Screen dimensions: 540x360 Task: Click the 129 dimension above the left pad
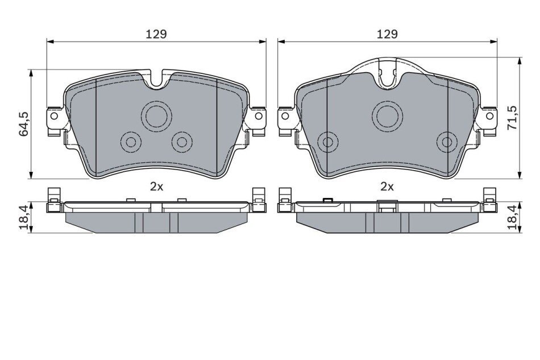tap(156, 35)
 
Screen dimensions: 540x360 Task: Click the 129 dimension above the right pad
tap(387, 35)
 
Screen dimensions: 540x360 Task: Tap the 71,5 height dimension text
tap(513, 118)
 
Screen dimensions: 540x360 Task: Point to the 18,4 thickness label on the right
tap(513, 217)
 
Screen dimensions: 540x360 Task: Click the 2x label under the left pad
tap(156, 187)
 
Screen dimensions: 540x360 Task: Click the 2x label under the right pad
tap(387, 187)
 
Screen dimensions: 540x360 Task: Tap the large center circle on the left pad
tap(157, 116)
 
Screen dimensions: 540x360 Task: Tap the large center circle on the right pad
tap(388, 116)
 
